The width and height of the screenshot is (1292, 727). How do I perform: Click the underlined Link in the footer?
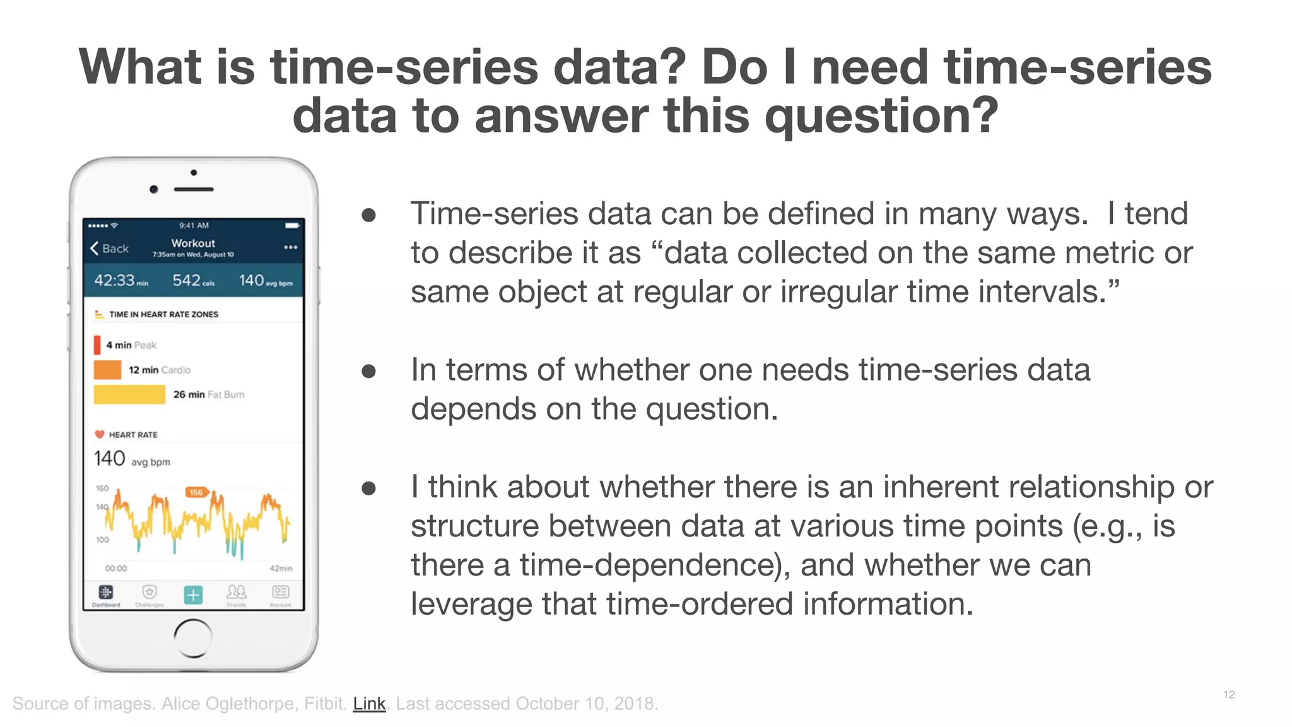point(369,704)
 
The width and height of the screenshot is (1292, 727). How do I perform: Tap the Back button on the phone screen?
point(109,249)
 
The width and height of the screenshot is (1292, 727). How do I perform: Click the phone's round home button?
point(193,638)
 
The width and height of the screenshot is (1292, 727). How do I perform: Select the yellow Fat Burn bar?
point(129,394)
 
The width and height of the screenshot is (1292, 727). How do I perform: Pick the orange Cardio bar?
point(107,370)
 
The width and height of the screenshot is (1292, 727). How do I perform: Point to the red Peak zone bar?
point(97,345)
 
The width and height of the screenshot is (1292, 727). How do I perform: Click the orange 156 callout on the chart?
point(196,492)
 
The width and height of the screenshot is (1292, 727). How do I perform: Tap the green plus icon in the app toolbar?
point(193,594)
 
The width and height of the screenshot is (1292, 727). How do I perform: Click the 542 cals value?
point(193,280)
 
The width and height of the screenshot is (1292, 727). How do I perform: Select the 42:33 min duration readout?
point(120,280)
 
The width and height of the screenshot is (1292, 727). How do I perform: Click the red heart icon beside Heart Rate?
point(100,434)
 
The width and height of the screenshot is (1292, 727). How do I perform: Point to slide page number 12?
point(1228,695)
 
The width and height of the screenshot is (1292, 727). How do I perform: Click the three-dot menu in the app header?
point(290,247)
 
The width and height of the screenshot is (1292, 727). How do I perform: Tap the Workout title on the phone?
point(193,243)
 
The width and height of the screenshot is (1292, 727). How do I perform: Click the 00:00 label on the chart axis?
point(116,569)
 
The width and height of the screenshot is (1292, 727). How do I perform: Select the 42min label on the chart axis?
point(281,569)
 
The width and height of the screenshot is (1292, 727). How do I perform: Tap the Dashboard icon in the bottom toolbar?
point(106,593)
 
